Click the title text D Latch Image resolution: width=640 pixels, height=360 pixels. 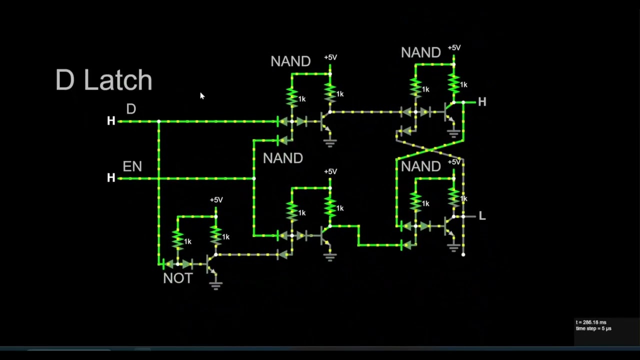pyautogui.click(x=103, y=80)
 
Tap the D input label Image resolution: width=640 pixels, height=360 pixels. pyautogui.click(x=131, y=109)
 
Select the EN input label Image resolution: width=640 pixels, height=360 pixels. pyautogui.click(x=132, y=166)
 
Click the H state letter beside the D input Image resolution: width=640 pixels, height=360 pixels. pyautogui.click(x=111, y=121)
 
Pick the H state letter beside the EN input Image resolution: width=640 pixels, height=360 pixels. pyautogui.click(x=111, y=178)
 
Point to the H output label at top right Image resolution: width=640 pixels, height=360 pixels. pyautogui.click(x=482, y=102)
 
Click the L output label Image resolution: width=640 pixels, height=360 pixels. pyautogui.click(x=482, y=216)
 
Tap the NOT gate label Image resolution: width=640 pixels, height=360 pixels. pyautogui.click(x=177, y=278)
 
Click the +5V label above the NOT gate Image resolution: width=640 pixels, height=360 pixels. pyautogui.click(x=216, y=199)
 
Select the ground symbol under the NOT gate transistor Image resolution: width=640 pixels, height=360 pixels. pyautogui.click(x=215, y=285)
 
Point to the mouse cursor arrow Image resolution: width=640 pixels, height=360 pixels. pyautogui.click(x=201, y=95)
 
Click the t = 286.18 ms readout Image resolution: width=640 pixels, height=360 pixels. pyautogui.click(x=591, y=322)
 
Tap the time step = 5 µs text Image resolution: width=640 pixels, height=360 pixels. pyautogui.click(x=593, y=328)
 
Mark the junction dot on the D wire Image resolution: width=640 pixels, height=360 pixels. pyautogui.click(x=158, y=121)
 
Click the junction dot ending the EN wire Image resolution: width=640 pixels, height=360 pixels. pyautogui.click(x=254, y=178)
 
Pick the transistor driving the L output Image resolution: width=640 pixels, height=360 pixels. pyautogui.click(x=449, y=226)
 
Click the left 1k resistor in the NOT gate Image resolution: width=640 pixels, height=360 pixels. pyautogui.click(x=177, y=240)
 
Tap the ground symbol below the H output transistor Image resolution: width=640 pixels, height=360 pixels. pyautogui.click(x=453, y=133)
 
